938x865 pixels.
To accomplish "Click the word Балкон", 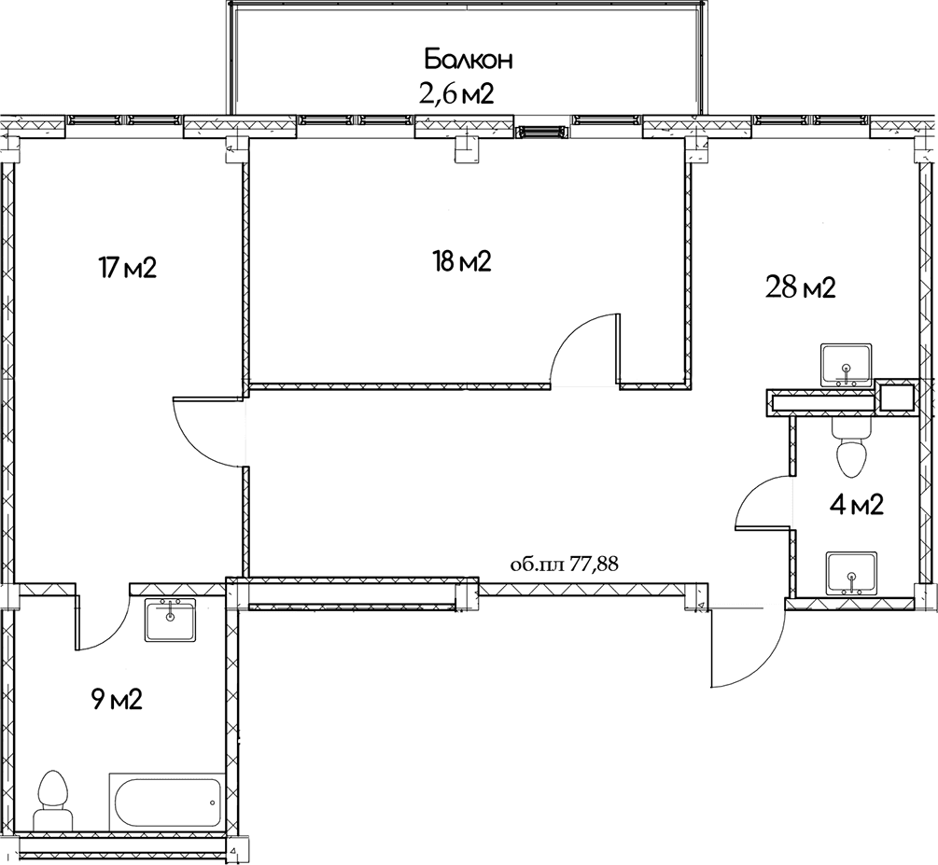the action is tap(469, 60).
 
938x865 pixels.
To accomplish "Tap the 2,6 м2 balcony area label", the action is tap(456, 94).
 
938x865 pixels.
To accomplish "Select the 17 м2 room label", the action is tap(128, 268).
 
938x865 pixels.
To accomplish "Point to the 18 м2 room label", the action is tap(462, 261).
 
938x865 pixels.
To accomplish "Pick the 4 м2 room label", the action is tap(856, 506).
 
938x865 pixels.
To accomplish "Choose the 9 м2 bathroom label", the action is tap(117, 699).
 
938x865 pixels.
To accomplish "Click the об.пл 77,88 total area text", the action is tap(564, 565).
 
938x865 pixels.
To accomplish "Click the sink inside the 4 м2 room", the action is tap(851, 574).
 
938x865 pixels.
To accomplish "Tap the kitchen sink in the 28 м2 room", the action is tap(847, 366).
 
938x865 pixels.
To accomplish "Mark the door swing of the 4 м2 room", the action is tap(755, 496).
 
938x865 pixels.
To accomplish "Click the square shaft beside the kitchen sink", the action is tap(896, 398).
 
